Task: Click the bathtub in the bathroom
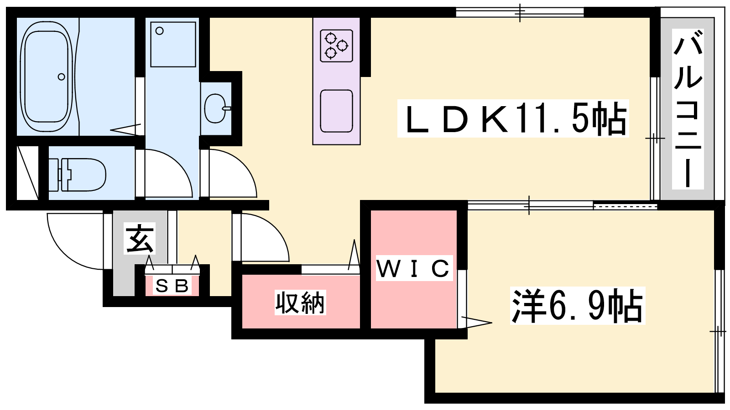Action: click(46, 73)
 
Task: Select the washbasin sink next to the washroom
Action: click(215, 108)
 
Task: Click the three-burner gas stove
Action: click(336, 46)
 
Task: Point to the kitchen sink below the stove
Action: click(336, 111)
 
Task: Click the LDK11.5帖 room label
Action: click(513, 118)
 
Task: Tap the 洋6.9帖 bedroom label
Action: click(577, 306)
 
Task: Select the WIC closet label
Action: click(413, 268)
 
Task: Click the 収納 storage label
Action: click(300, 303)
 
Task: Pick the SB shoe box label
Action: click(172, 286)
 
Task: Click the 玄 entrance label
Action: click(140, 238)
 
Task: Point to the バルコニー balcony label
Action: click(688, 109)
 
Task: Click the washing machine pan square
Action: click(173, 44)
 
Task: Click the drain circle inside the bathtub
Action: click(62, 77)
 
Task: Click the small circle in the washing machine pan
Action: click(160, 31)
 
